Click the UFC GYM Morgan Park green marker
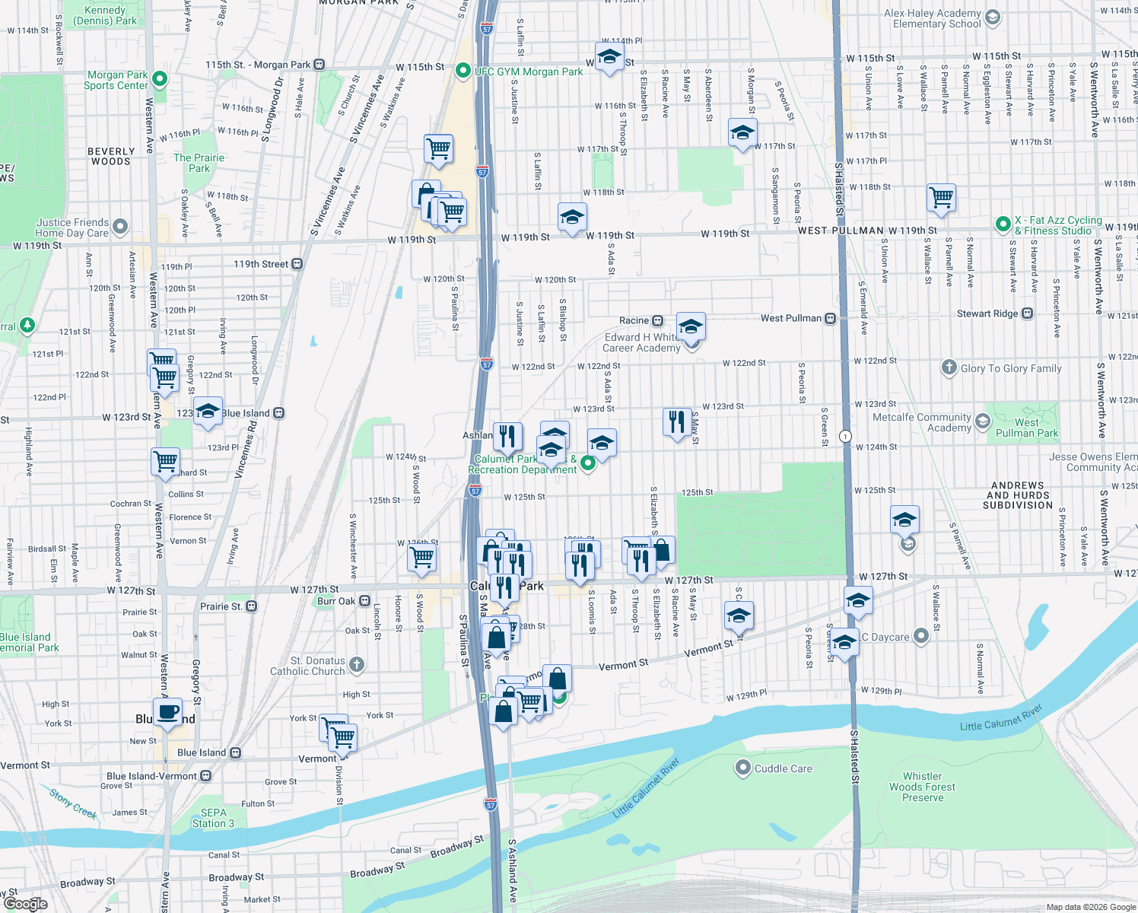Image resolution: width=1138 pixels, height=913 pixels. (463, 71)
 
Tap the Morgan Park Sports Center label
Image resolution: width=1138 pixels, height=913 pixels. (116, 80)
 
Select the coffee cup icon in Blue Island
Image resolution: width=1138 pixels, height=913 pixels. (167, 713)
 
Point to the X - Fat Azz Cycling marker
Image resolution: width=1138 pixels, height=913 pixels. (1003, 224)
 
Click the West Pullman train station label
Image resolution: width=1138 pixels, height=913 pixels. (791, 318)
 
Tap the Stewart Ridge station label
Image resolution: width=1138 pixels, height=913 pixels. (987, 313)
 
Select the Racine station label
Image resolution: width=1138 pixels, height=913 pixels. (634, 320)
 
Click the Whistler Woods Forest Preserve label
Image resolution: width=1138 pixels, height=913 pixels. (922, 787)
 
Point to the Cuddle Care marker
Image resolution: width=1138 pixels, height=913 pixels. (743, 768)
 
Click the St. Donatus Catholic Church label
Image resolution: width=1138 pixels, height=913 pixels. (307, 666)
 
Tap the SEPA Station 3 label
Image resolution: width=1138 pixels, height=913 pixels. (213, 818)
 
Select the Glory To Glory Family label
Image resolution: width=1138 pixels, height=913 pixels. (1010, 368)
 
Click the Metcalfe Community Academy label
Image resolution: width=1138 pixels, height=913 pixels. (922, 422)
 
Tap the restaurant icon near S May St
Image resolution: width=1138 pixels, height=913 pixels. (676, 421)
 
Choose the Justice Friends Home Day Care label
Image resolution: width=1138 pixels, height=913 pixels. (72, 227)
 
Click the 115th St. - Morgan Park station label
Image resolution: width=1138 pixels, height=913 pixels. (258, 65)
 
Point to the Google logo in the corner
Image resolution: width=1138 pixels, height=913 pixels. (25, 903)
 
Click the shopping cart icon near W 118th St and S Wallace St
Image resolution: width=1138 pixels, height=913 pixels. (941, 197)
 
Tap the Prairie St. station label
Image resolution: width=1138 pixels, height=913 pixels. (221, 606)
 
